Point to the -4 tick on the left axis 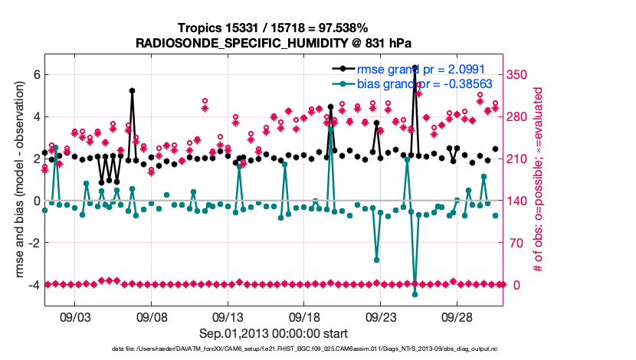coord(33,285)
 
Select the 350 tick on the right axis coord(517,75)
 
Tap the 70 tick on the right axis coord(514,243)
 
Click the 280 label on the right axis coord(517,117)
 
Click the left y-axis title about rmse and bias coord(16,181)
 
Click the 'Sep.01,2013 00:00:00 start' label coord(274,333)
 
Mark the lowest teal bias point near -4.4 coord(415,294)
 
